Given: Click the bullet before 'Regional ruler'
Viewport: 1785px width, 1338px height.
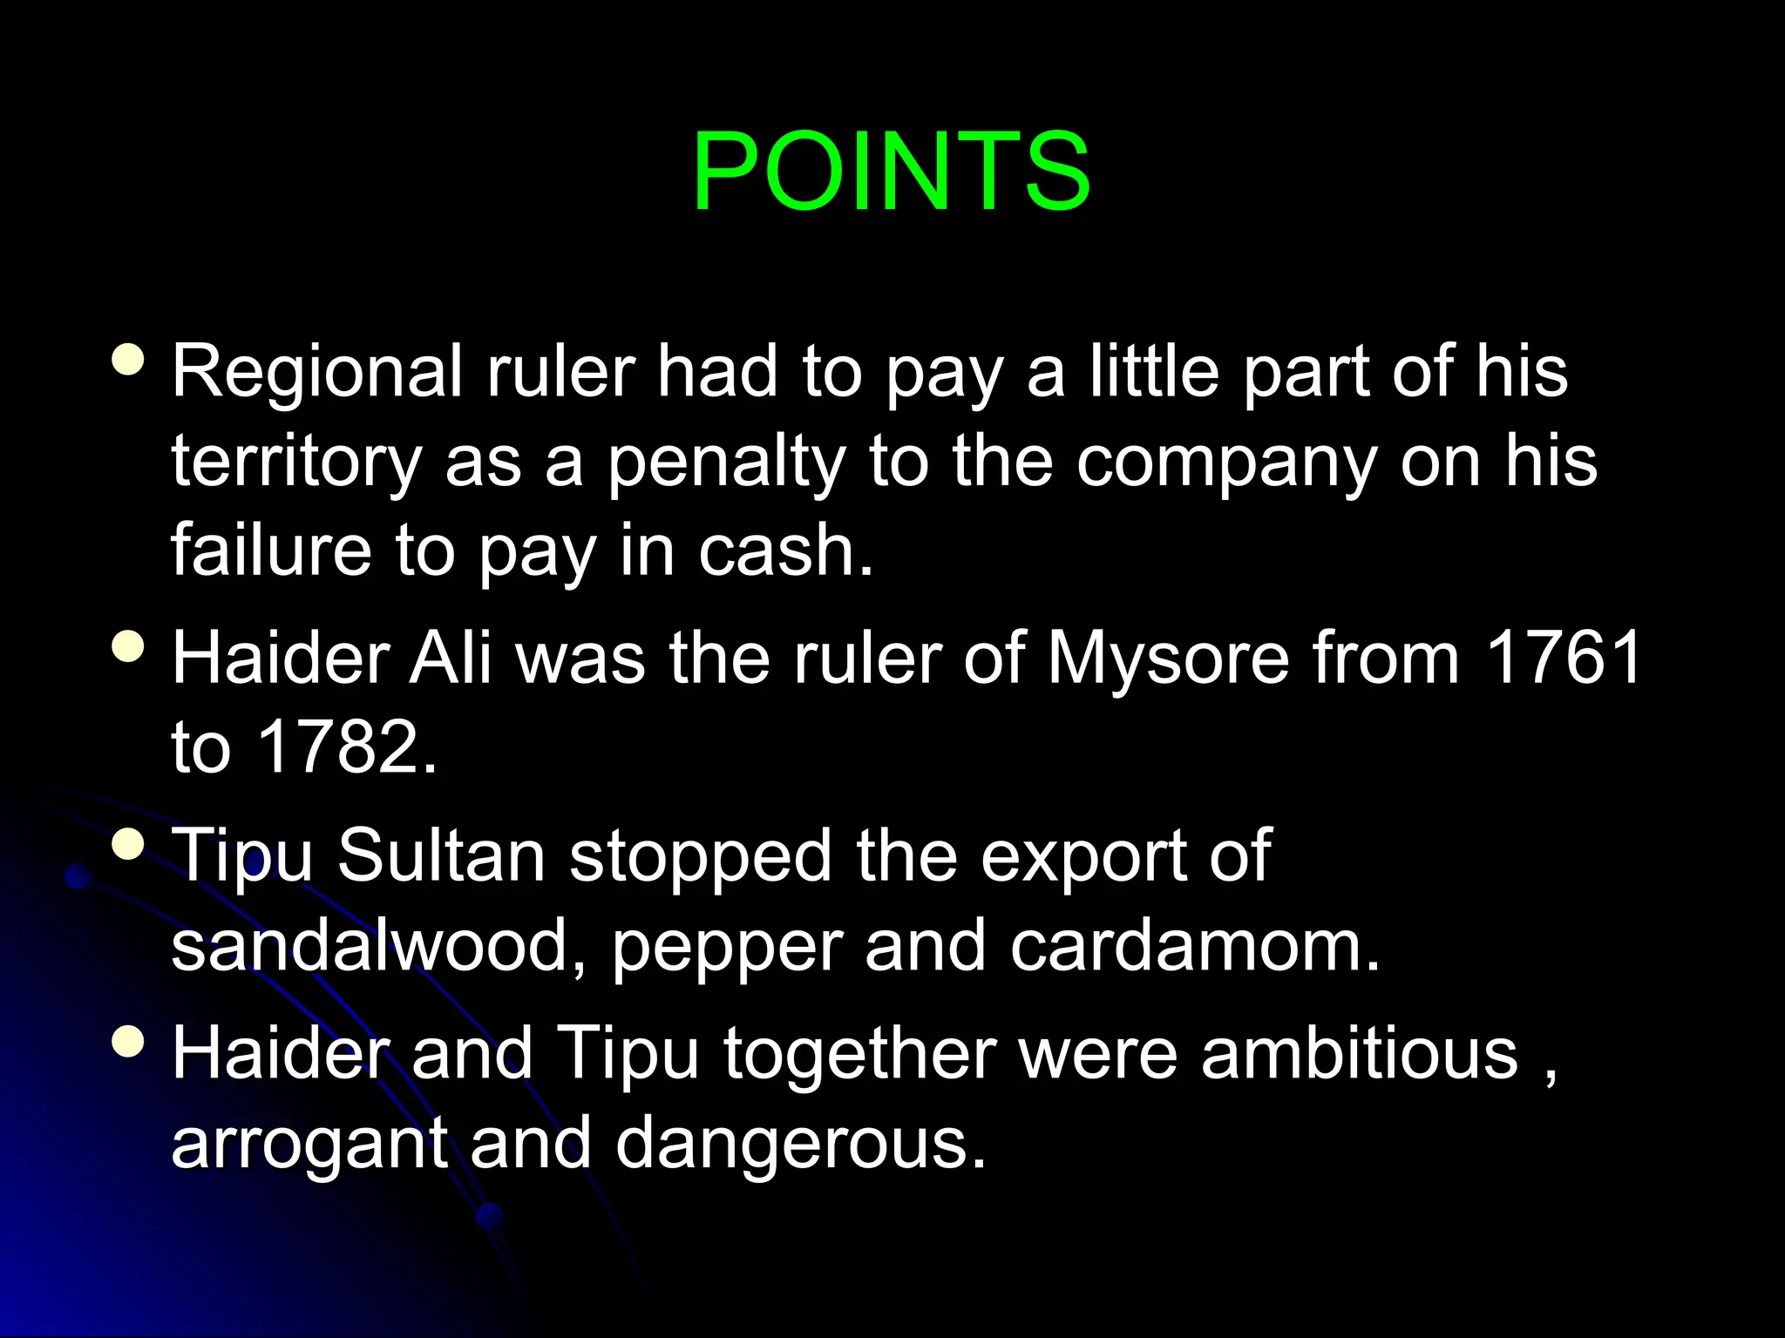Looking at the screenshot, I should click(129, 359).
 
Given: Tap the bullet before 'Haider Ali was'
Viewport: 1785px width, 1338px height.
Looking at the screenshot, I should click(129, 646).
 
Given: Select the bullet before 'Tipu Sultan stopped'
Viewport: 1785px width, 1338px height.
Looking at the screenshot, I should click(129, 843).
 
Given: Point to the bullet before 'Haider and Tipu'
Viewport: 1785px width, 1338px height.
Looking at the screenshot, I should click(129, 1041).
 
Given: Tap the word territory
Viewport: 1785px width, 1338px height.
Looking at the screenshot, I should click(296, 463).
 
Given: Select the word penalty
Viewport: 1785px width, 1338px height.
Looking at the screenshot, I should click(726, 463).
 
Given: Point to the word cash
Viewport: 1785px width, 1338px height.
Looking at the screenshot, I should click(784, 551).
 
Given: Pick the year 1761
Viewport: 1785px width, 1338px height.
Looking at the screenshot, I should click(1564, 658).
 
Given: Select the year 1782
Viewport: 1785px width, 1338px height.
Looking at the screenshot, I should click(347, 747).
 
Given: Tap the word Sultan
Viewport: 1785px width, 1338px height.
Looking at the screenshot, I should click(441, 856).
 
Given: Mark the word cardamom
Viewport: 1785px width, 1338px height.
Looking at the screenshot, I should click(1195, 947).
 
